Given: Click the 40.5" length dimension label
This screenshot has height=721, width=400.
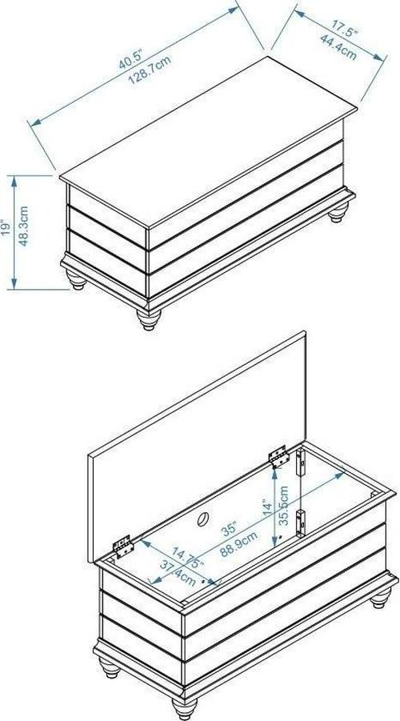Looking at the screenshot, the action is coord(132,58).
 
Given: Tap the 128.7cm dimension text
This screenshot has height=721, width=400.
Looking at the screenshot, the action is coord(150,70).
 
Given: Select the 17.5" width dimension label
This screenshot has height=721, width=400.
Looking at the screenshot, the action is coord(346,26).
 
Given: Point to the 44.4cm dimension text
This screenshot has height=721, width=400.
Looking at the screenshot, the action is coord(338,45).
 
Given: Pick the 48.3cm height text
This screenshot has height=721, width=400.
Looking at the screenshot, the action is coord(24,226).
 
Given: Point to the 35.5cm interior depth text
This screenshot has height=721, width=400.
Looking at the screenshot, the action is coord(284,506).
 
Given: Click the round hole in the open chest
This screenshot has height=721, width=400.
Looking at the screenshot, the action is coord(202,519).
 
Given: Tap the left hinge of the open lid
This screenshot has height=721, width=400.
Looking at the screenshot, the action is coord(123,547).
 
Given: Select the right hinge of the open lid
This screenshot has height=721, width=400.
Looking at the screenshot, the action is coord(279,457).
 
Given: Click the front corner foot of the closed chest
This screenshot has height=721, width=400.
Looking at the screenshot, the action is coord(149,319).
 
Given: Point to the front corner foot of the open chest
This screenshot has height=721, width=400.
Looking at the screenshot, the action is coord(184,708).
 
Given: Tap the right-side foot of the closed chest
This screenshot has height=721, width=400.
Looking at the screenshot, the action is coord(338,212).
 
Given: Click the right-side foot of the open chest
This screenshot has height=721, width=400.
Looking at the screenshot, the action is coord(381,597).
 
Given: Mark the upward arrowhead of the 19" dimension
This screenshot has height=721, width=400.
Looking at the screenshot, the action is coord(14,181).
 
